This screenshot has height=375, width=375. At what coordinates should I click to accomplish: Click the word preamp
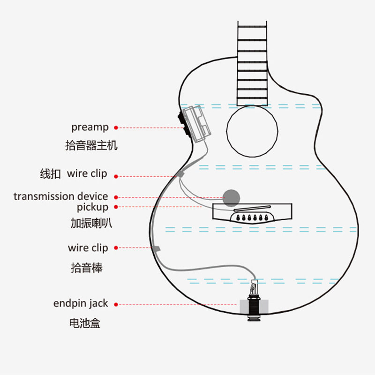pyautogui.click(x=90, y=127)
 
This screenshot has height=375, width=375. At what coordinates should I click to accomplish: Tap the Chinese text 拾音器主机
pyautogui.click(x=91, y=146)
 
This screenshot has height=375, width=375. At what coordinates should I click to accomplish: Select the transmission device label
pyautogui.click(x=60, y=196)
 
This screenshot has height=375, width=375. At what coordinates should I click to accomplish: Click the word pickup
pyautogui.click(x=92, y=207)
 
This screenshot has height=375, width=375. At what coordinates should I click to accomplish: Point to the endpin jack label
pyautogui.click(x=81, y=304)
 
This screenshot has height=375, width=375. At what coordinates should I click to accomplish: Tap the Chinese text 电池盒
pyautogui.click(x=84, y=323)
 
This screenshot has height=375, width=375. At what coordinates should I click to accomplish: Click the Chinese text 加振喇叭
pyautogui.click(x=91, y=224)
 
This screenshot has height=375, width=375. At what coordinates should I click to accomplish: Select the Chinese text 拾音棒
pyautogui.click(x=87, y=268)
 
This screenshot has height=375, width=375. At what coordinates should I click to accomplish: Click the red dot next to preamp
pyautogui.click(x=116, y=127)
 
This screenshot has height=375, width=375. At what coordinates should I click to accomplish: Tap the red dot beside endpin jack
pyautogui.click(x=116, y=304)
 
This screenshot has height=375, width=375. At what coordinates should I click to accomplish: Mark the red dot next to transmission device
pyautogui.click(x=116, y=197)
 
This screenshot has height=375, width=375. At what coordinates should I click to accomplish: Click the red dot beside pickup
pyautogui.click(x=116, y=207)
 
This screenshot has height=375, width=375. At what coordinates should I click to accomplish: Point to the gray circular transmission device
pyautogui.click(x=231, y=197)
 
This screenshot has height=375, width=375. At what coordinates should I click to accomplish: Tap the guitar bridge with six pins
pyautogui.click(x=254, y=213)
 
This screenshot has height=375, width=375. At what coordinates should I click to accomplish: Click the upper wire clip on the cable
pyautogui.click(x=181, y=174)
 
